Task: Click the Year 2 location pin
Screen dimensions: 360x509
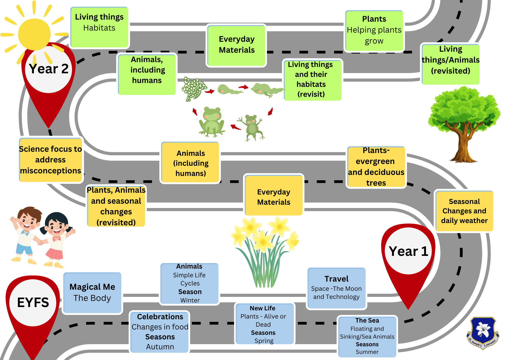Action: (48, 76)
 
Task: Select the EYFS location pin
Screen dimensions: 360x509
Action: (33, 306)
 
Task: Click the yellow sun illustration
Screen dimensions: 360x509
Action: (34, 34)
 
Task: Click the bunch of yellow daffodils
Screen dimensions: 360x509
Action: (265, 250)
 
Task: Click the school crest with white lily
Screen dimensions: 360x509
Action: (483, 332)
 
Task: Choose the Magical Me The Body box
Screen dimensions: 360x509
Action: (92, 293)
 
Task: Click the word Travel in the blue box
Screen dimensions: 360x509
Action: (336, 279)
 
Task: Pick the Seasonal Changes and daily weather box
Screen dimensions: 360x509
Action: (464, 211)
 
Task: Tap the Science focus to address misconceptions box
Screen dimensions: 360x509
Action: (51, 160)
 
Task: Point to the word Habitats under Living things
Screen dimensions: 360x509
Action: (99, 28)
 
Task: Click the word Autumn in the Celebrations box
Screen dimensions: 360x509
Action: (160, 347)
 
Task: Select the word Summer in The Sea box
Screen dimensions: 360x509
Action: (367, 352)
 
